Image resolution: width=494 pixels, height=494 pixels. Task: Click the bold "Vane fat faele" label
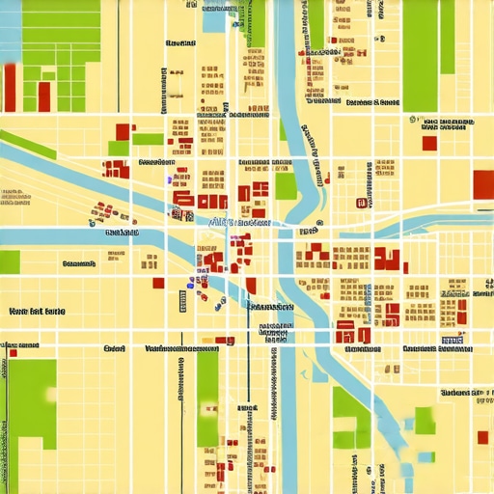(x=37, y=312)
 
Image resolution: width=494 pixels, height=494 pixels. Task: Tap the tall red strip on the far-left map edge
(x=10, y=88)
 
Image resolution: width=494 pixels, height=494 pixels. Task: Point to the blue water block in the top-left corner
(x=10, y=29)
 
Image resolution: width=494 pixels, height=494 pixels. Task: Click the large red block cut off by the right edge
(x=483, y=183)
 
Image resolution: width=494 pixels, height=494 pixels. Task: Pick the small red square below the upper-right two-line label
(x=429, y=143)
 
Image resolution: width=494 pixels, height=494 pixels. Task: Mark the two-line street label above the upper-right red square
(x=448, y=124)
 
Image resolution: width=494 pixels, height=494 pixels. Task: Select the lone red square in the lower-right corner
(x=481, y=437)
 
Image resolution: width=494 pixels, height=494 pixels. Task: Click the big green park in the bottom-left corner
(x=33, y=415)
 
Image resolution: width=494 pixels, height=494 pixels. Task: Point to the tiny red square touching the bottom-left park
(x=13, y=353)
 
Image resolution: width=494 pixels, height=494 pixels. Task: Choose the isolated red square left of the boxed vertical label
(x=158, y=283)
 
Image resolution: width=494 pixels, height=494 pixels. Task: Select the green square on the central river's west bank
(x=286, y=185)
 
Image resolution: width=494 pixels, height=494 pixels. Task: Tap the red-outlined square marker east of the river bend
(x=361, y=203)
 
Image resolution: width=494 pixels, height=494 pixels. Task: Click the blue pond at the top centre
(x=213, y=20)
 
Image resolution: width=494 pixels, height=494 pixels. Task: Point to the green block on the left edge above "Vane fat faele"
(x=10, y=261)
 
